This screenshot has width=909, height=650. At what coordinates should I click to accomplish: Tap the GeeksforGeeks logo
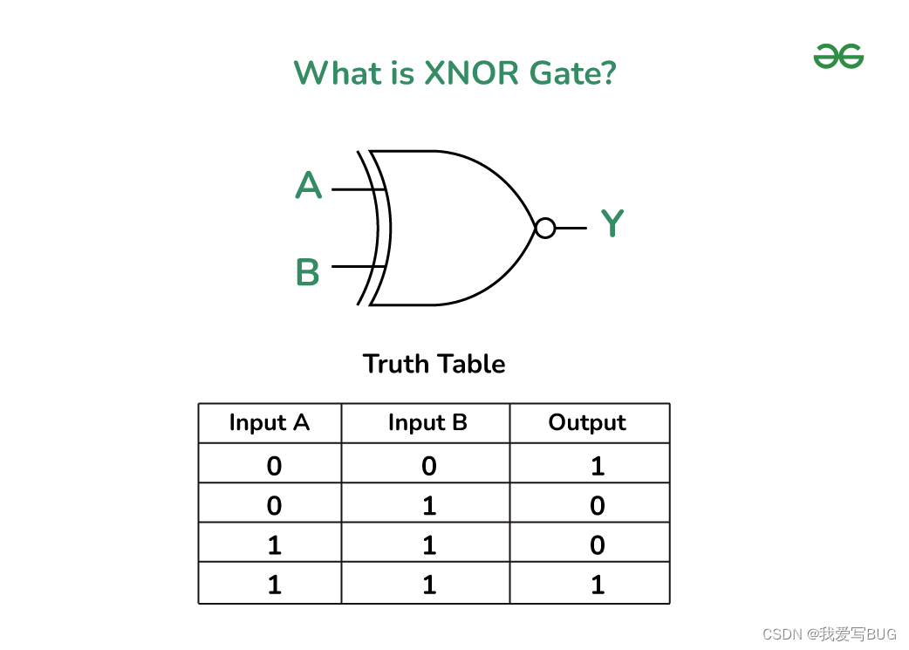[x=838, y=57]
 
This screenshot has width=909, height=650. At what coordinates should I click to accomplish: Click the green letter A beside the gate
[x=309, y=186]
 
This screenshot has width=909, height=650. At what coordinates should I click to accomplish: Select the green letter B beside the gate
[x=308, y=273]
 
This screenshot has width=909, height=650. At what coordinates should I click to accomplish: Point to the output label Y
[x=612, y=224]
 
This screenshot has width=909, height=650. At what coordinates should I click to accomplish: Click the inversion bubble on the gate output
[x=545, y=229]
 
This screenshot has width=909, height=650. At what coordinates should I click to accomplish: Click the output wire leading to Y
[x=571, y=229]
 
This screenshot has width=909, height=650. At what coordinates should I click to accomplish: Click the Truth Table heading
[x=434, y=364]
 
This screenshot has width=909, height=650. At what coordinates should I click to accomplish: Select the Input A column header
[x=270, y=423]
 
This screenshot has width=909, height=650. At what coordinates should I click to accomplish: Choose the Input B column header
[x=427, y=423]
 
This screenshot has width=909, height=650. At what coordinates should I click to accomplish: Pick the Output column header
[x=587, y=423]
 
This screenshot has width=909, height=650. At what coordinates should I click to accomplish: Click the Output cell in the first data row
[x=598, y=466]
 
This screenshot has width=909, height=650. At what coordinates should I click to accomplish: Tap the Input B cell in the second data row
[x=428, y=506]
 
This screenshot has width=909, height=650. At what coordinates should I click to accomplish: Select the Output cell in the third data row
[x=598, y=545]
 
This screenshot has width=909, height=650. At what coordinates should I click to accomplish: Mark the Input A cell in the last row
[x=275, y=585]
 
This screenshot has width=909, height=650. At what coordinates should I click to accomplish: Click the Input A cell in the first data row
[x=275, y=466]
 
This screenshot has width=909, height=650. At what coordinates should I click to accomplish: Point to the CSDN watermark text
[x=829, y=634]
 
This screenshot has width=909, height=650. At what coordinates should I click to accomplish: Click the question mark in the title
[x=608, y=72]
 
